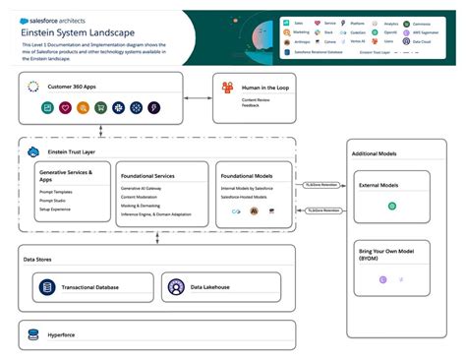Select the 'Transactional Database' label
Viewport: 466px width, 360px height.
point(89,287)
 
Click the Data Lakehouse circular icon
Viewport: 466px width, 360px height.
point(176,287)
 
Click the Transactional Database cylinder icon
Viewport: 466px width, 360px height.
point(45,287)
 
